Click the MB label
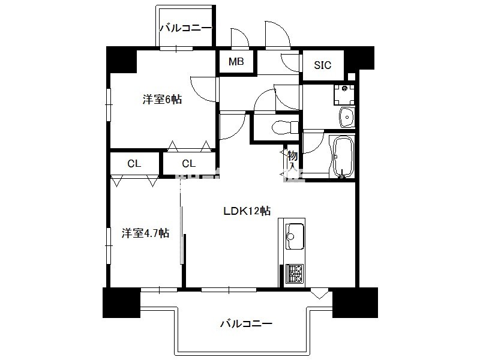(x=236, y=62)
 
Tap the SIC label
(x=323, y=65)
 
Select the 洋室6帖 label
(x=162, y=100)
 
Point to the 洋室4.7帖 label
(x=145, y=233)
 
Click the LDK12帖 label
(x=247, y=211)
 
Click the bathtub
(x=343, y=157)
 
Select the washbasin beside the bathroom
(x=347, y=117)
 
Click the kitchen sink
(x=295, y=236)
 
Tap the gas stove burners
(x=295, y=274)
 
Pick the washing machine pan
(x=344, y=94)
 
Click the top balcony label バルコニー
(x=186, y=28)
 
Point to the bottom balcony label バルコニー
(x=247, y=323)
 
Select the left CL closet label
(x=134, y=164)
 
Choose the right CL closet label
(x=188, y=164)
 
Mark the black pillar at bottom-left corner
(x=121, y=302)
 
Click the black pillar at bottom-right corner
(x=355, y=302)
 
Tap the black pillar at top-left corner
(x=121, y=59)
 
